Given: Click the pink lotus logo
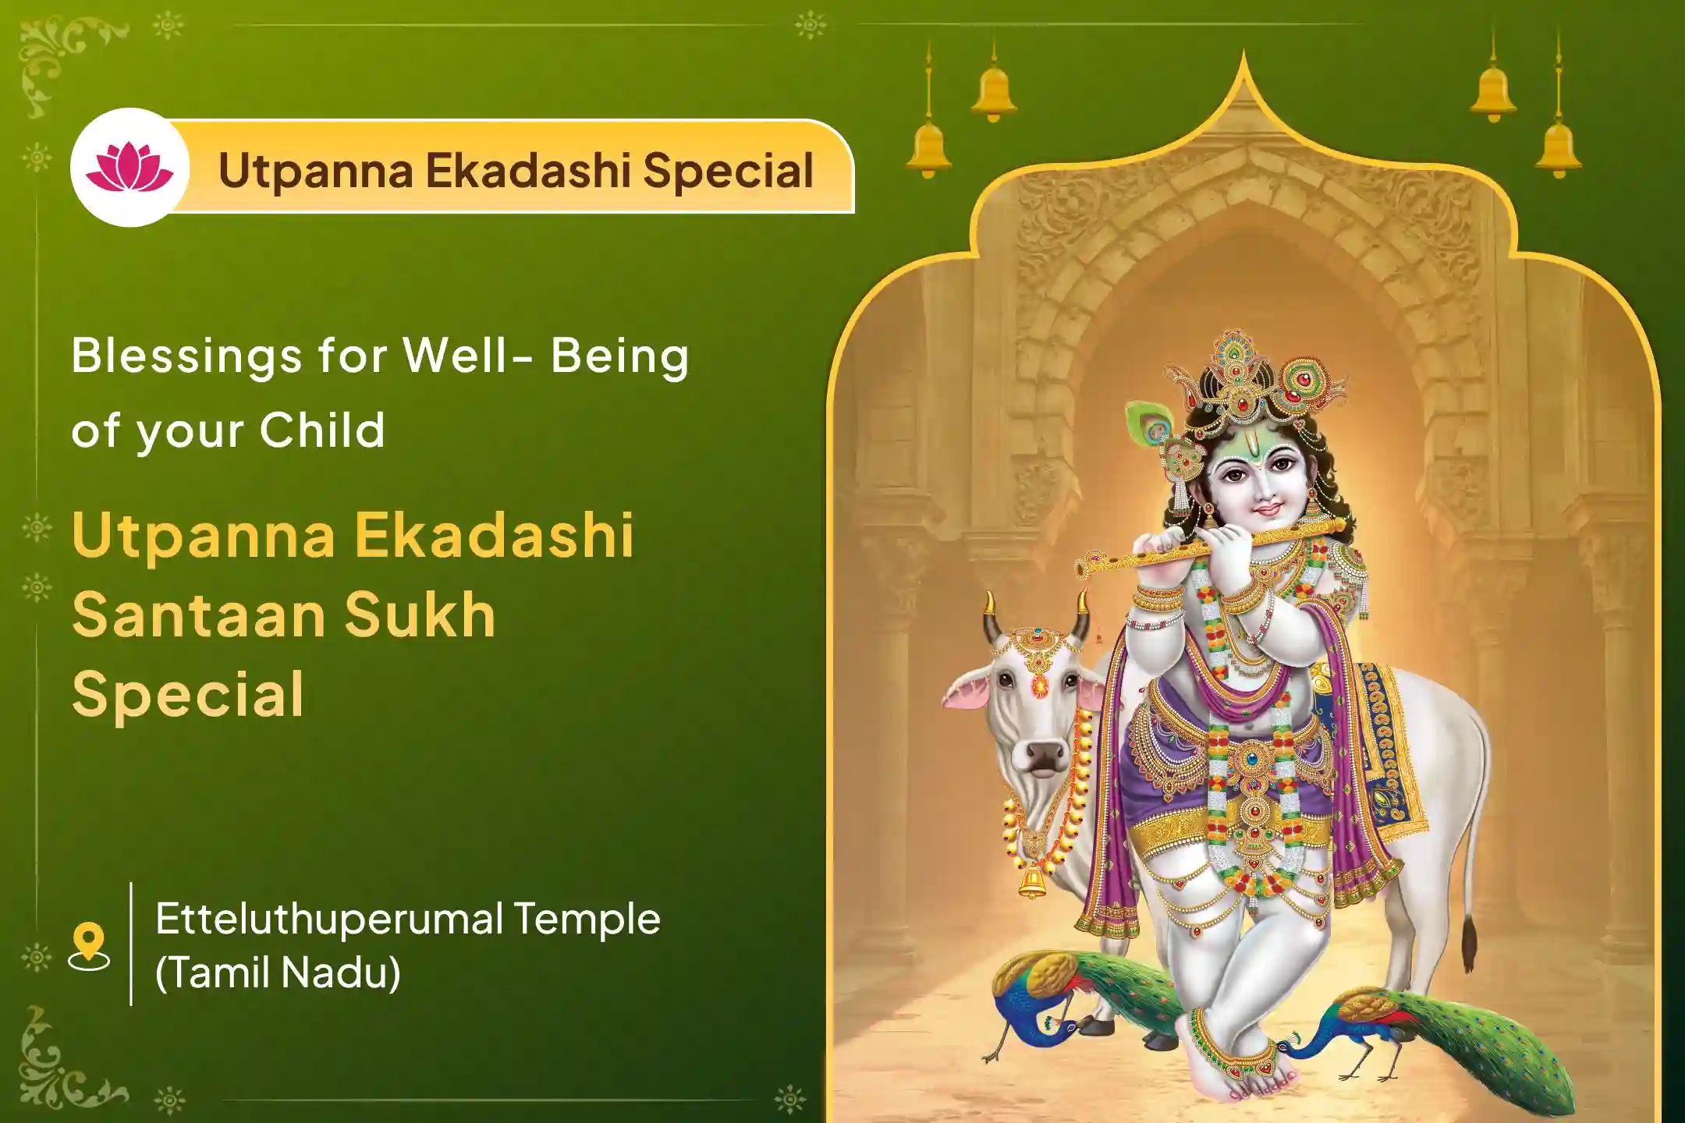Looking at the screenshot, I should [129, 168].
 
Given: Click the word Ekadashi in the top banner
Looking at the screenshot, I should [527, 170].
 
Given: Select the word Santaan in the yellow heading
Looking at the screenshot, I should [198, 615].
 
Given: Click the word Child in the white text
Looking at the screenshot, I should [322, 430].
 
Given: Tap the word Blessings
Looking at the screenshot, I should [186, 356].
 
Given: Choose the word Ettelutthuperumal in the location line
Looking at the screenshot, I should [329, 919].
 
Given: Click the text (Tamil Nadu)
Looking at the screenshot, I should [278, 972].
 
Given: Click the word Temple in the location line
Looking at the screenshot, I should [587, 919].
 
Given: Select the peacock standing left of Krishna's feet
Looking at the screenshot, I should [1045, 1006].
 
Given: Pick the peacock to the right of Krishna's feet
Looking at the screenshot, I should [1404, 1029].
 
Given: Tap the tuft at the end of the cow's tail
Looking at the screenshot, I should [1470, 944].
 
